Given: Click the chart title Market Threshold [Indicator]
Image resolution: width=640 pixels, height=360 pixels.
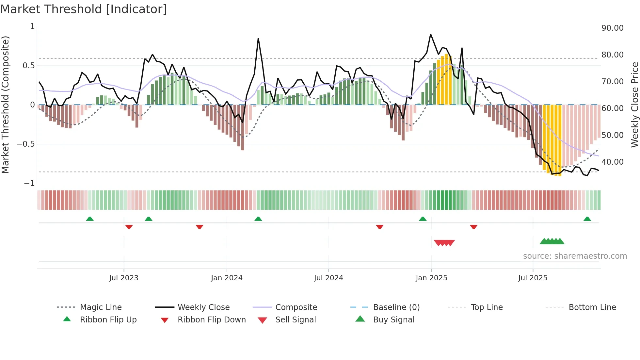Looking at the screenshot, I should [84, 9].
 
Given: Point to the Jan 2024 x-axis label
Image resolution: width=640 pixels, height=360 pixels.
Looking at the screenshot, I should [227, 278].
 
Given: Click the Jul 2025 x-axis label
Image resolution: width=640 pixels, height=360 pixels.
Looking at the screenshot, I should [533, 278].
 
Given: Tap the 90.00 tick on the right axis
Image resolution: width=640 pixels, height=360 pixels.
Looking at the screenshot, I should [612, 28].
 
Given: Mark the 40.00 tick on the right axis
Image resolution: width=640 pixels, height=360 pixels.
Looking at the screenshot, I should [612, 162].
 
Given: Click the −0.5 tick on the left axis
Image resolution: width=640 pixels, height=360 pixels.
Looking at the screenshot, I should [25, 144].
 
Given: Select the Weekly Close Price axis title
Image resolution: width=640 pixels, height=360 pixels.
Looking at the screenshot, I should [634, 105].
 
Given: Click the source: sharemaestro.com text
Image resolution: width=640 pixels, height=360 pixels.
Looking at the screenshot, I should [575, 256].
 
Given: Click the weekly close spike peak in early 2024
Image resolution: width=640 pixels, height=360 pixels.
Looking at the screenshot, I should [258, 39].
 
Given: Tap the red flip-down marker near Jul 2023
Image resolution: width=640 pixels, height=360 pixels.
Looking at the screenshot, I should [129, 227].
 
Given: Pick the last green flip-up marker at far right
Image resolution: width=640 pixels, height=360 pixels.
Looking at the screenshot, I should [587, 219].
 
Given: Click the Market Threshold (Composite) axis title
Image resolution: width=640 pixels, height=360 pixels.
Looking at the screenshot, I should [5, 105].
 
